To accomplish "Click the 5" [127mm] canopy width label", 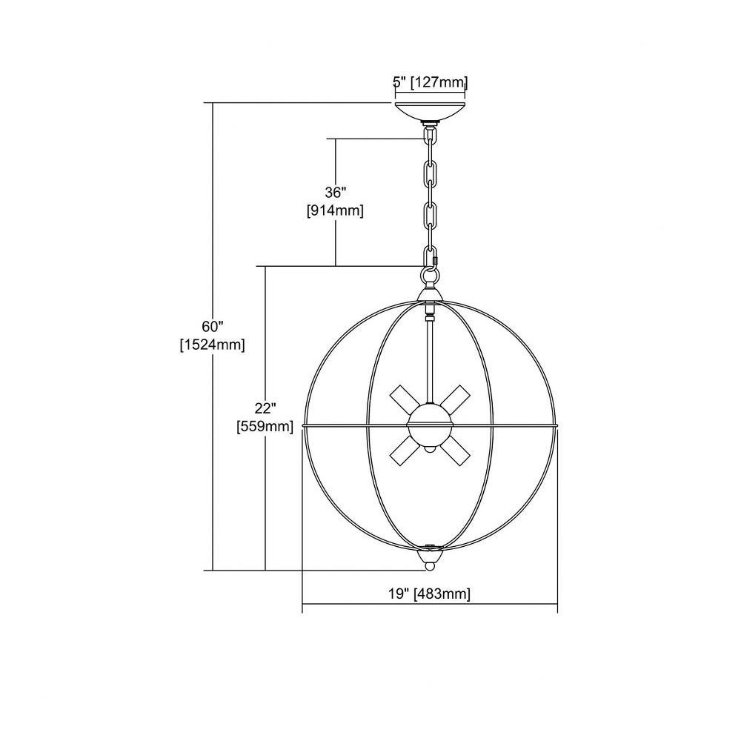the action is (430, 82).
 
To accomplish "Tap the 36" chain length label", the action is (336, 193).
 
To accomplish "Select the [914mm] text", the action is (336, 210).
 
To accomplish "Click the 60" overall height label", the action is (212, 327).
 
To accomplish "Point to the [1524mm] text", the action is (212, 345).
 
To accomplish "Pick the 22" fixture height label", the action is (265, 408).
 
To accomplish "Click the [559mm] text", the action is (265, 426).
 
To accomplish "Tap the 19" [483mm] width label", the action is (430, 594).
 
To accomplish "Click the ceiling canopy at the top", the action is (430, 111).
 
